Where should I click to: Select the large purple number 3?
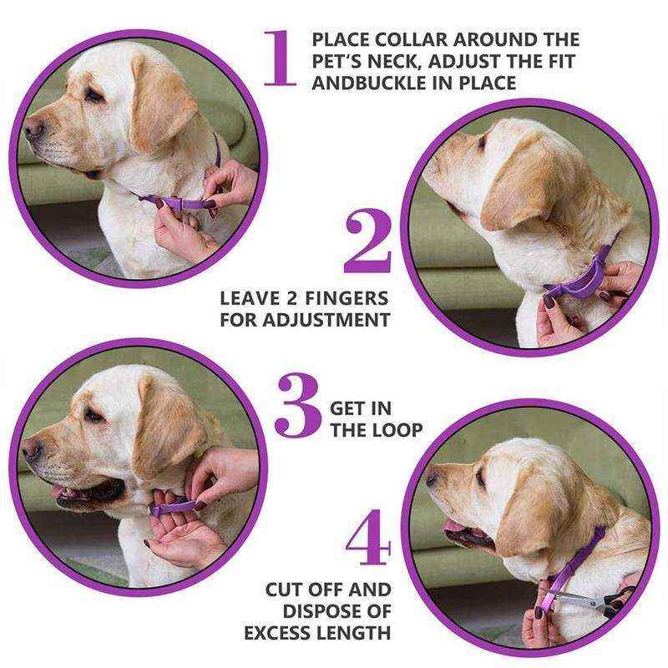297,407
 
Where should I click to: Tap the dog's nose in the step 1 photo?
33,127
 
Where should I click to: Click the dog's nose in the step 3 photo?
32,451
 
